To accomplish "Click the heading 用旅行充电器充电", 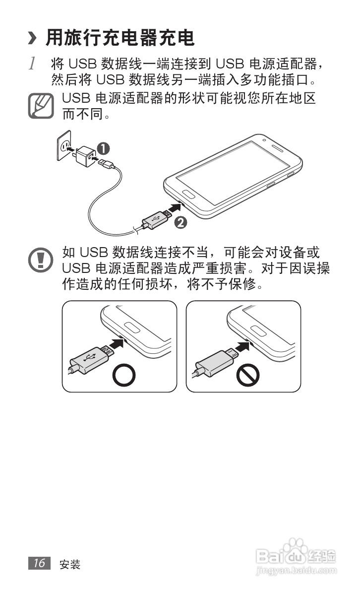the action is [120, 38].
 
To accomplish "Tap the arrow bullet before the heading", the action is [33, 38].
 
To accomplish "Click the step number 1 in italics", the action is [33, 64].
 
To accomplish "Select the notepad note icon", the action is [41, 106].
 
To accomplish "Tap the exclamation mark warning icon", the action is [41, 260].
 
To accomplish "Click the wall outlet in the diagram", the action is [64, 145].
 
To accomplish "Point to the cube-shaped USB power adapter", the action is [85, 156].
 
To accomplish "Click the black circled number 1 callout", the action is [103, 148].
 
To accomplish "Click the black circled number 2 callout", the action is [181, 222].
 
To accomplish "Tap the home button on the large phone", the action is [188, 194].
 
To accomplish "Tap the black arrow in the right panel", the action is [242, 346].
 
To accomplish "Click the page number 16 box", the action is [39, 563].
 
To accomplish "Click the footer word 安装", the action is [69, 564].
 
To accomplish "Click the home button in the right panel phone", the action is [258, 330].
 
